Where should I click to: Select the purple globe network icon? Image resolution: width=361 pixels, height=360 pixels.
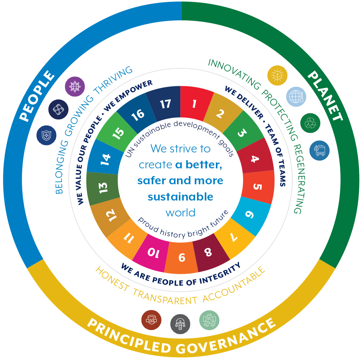pyautogui.click(x=75, y=87)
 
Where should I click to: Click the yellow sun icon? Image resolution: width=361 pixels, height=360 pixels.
pyautogui.click(x=277, y=75)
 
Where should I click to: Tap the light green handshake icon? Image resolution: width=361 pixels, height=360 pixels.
pyautogui.click(x=209, y=320)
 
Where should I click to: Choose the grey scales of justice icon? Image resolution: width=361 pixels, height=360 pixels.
pyautogui.click(x=180, y=324)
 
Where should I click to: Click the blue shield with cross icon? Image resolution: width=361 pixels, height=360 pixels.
pyautogui.click(x=46, y=135)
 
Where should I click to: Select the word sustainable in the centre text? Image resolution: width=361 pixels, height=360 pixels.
pyautogui.click(x=180, y=196)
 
